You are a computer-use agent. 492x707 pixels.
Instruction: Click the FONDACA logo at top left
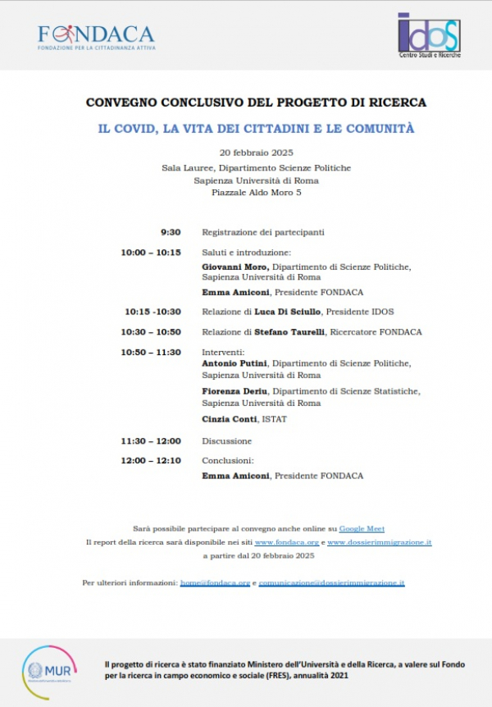(96, 36)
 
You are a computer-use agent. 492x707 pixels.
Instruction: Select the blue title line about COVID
(256, 129)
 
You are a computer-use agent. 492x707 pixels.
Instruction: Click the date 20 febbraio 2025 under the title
(257, 153)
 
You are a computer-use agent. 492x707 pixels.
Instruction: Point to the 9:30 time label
(171, 232)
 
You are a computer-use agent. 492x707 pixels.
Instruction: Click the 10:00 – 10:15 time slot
(151, 253)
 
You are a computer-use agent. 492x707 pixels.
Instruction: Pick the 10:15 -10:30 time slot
(153, 312)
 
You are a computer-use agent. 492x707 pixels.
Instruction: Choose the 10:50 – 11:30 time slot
(151, 352)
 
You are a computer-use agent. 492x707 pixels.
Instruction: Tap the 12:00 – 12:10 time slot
(151, 460)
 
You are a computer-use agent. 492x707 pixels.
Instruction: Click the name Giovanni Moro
(235, 267)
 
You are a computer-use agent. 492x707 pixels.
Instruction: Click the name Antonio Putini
(235, 363)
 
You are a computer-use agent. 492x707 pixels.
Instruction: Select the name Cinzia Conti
(229, 419)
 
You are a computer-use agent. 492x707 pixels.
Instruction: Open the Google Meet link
(362, 529)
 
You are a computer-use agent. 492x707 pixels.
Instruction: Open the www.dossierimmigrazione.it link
(380, 543)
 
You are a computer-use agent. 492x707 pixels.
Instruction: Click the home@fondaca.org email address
(216, 582)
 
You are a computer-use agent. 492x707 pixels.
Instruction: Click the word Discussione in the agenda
(227, 441)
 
